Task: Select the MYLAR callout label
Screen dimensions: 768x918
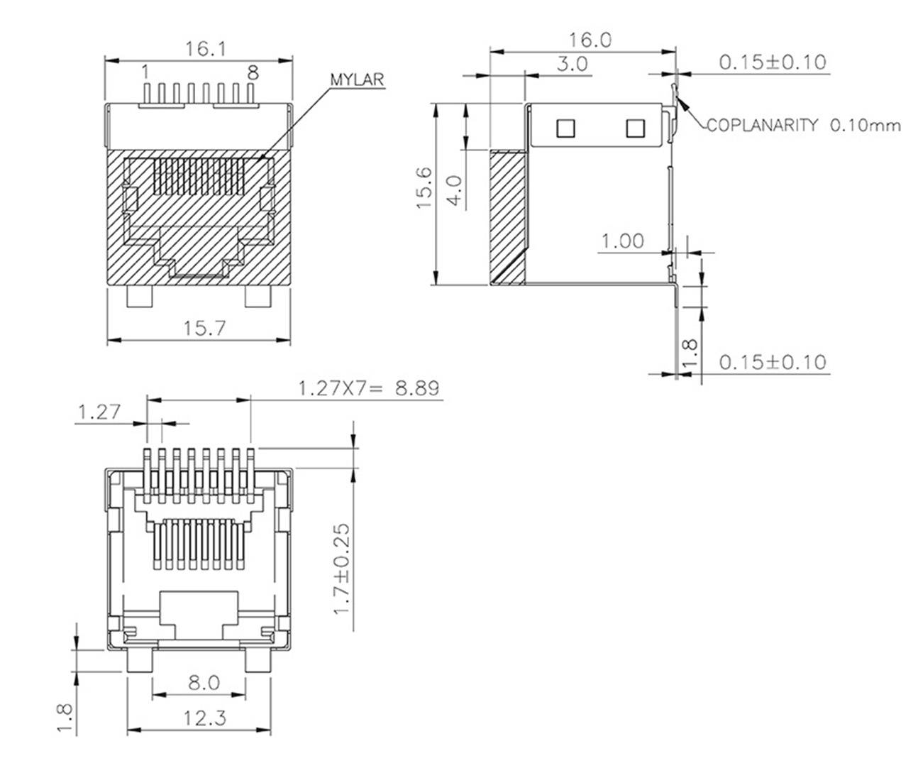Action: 357,79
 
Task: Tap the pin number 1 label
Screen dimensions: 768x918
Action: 145,72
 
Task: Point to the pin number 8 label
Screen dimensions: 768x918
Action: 253,72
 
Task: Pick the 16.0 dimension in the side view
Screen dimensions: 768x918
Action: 590,40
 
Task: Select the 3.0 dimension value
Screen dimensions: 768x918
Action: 571,64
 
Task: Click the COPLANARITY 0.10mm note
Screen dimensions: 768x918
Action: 803,126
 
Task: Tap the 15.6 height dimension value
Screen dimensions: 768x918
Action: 424,187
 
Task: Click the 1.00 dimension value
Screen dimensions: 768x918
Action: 623,241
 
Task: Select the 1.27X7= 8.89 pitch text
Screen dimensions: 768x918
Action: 368,388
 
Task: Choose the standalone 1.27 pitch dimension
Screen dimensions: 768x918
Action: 99,412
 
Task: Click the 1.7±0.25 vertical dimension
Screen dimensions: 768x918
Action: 342,579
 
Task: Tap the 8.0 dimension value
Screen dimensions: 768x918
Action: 204,683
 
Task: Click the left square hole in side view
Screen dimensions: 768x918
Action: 565,128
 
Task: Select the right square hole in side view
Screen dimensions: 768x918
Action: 634,128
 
